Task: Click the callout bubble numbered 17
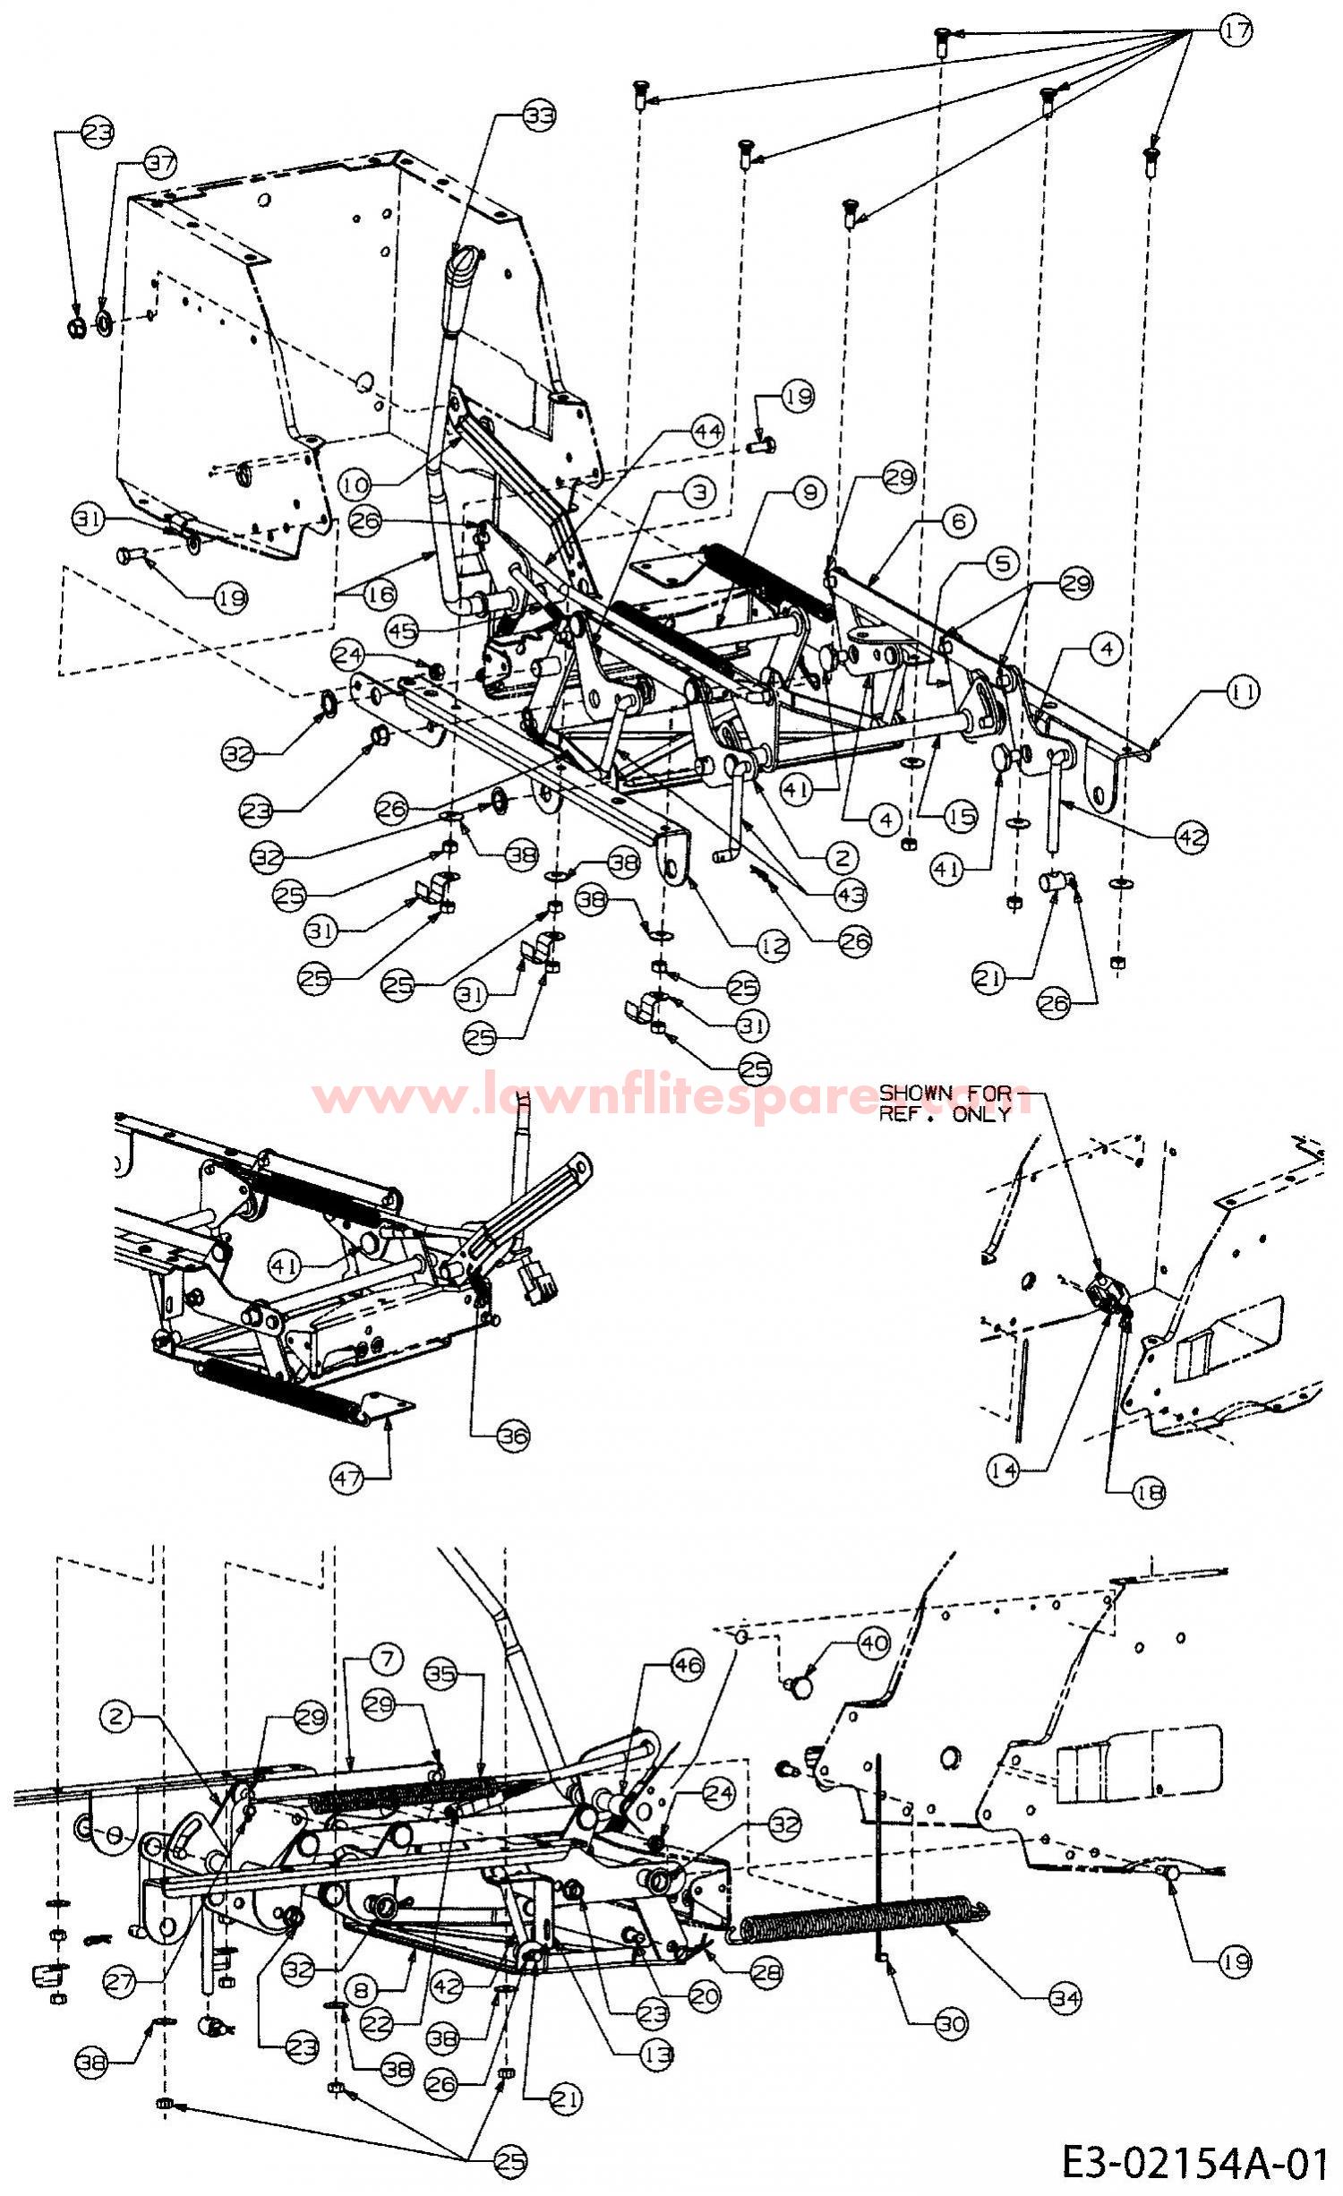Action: click(1235, 31)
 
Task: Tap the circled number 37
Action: click(161, 163)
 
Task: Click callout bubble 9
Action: click(809, 492)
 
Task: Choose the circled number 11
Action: click(1242, 691)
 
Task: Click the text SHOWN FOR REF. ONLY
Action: click(945, 1103)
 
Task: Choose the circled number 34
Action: click(1065, 1994)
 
